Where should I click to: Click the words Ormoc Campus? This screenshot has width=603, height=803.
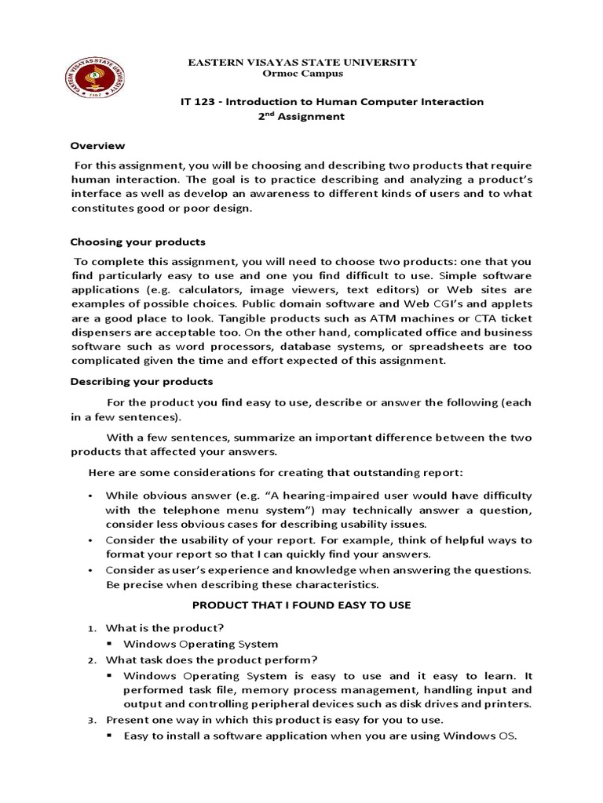click(301, 74)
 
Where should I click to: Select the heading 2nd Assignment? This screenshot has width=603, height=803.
click(301, 117)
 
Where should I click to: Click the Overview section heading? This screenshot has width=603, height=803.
click(97, 146)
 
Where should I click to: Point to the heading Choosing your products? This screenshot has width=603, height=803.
click(137, 242)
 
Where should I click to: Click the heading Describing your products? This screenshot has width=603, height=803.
click(141, 382)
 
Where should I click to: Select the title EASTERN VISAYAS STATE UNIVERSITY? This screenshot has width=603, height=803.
click(301, 62)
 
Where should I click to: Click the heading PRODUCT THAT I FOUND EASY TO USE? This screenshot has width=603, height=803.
click(301, 605)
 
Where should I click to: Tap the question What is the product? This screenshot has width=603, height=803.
click(165, 628)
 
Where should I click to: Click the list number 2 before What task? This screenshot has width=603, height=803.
click(91, 660)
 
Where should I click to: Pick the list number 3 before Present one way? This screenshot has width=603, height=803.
click(91, 720)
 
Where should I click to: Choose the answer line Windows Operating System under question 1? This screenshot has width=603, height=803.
click(200, 644)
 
